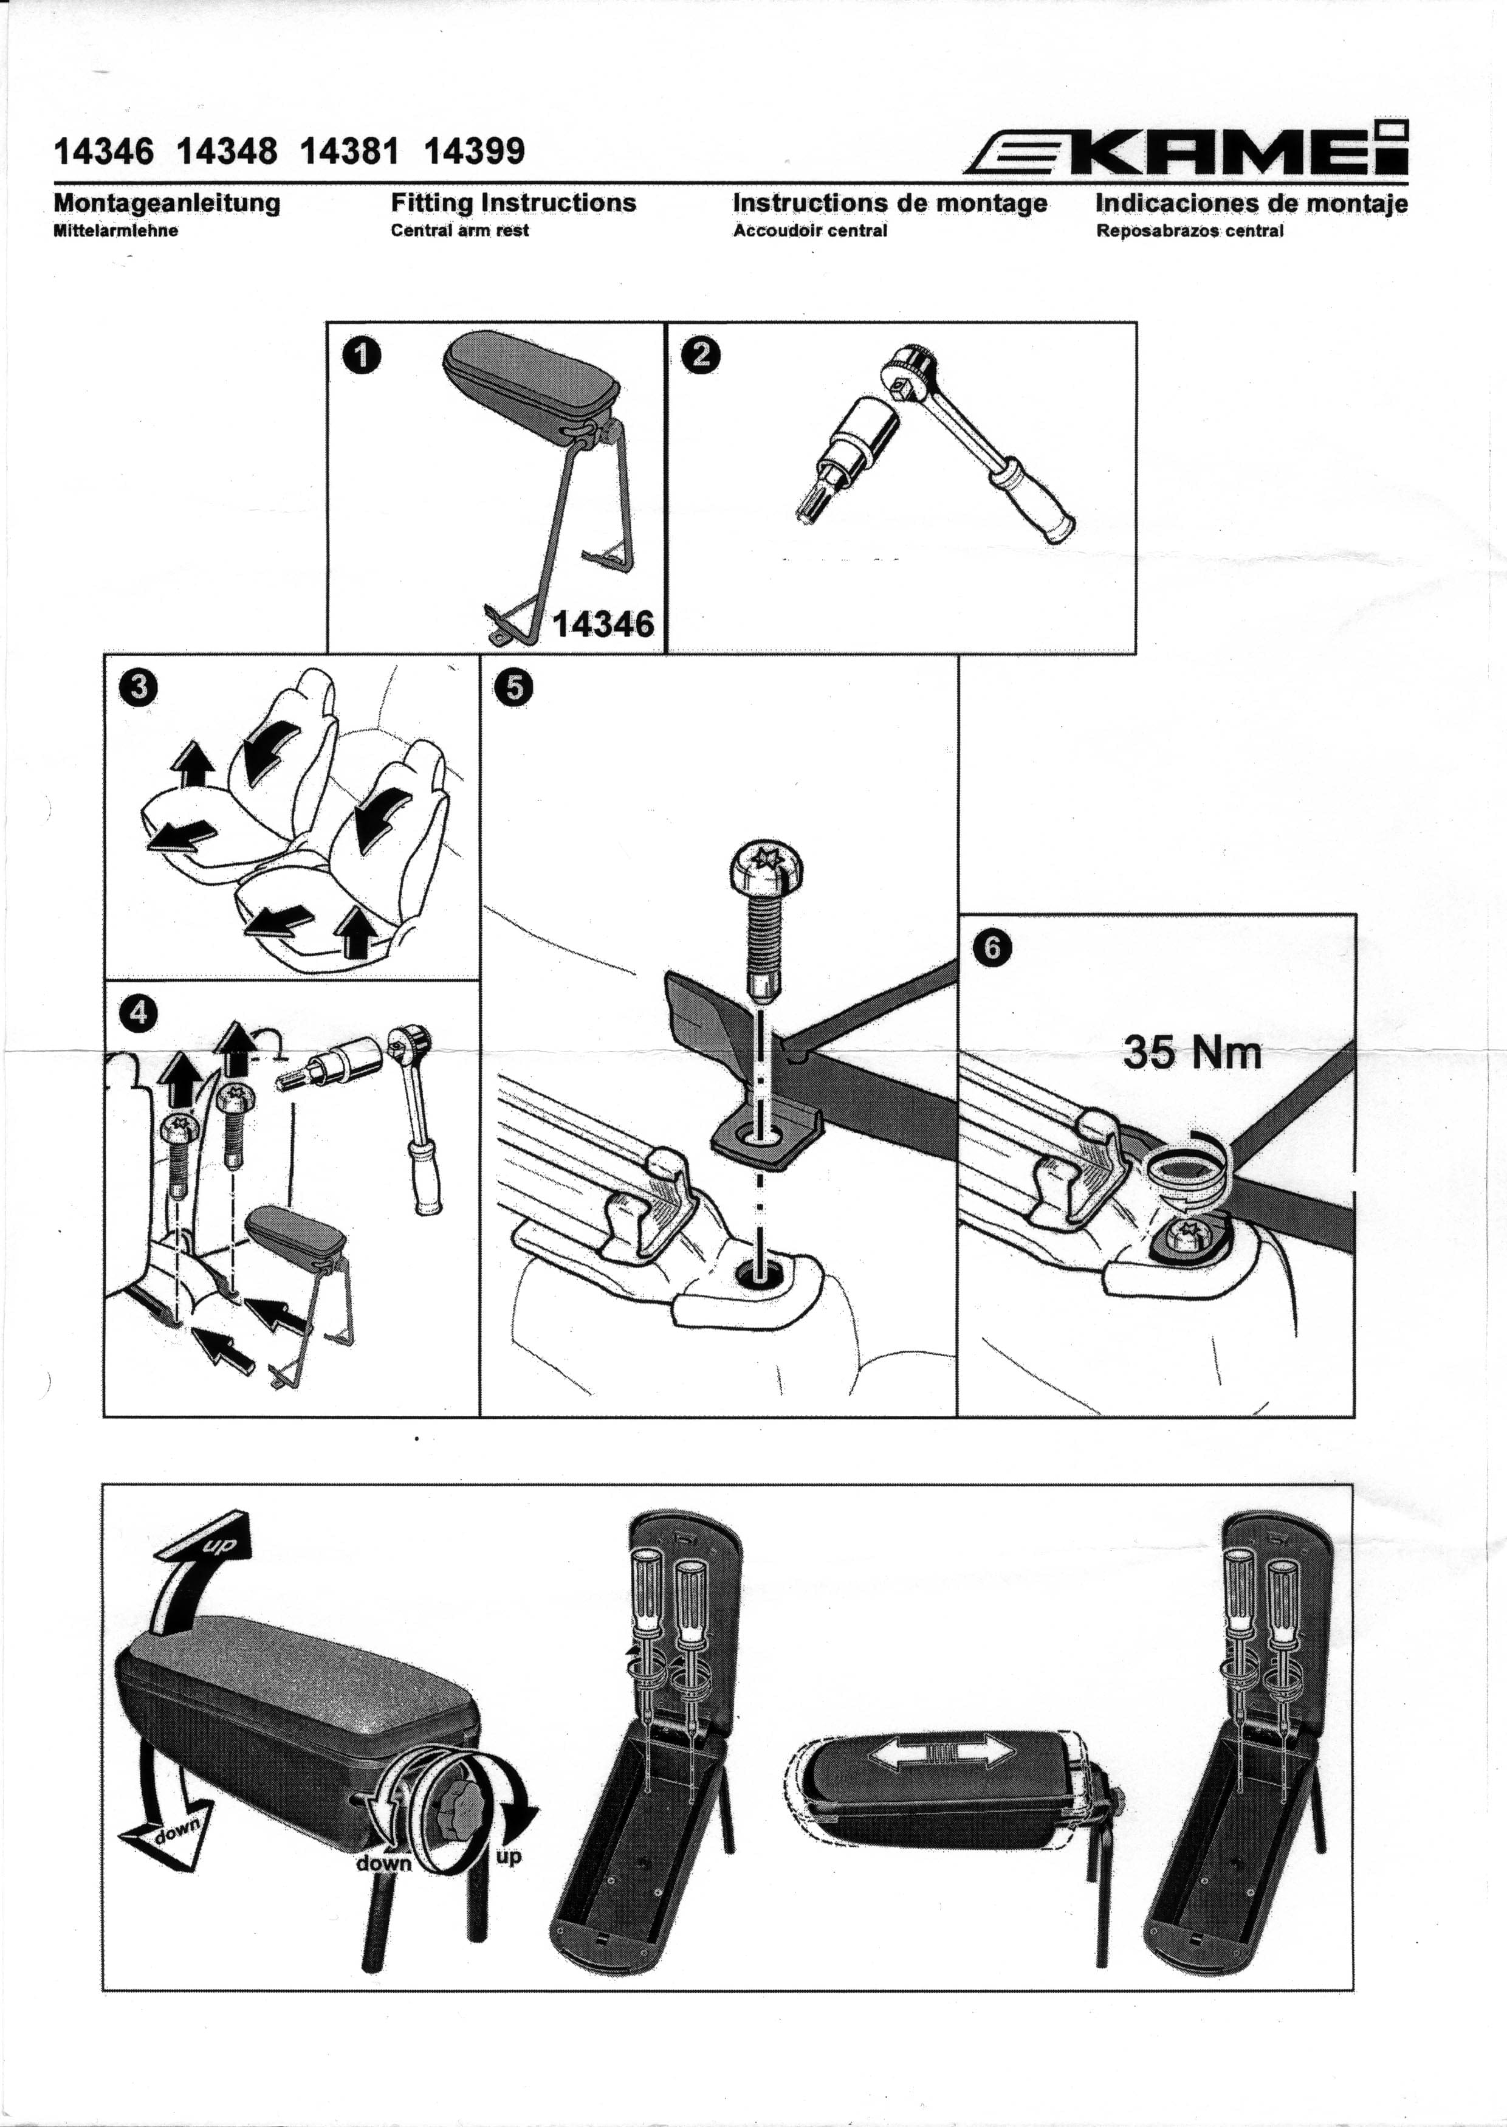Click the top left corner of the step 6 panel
958,914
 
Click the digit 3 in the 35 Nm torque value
1135,1052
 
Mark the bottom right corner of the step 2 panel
1136,653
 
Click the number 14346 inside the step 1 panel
603,624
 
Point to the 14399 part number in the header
474,150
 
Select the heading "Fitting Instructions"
513,202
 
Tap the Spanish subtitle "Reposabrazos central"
1190,231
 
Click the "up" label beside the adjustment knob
509,1856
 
